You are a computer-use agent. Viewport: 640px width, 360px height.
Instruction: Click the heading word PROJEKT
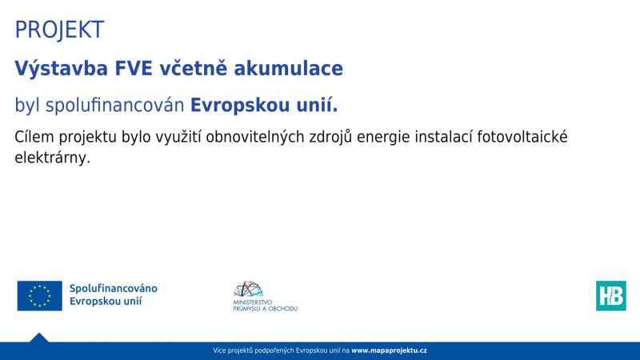(59, 30)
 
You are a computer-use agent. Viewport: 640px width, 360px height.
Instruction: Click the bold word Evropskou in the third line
(236, 106)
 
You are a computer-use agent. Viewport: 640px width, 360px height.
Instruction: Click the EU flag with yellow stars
(39, 295)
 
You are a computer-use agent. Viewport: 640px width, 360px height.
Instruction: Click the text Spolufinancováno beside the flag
(113, 288)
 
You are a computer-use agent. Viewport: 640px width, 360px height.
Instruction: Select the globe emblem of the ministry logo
(248, 290)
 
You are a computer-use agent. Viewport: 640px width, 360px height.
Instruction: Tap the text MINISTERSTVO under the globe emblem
(254, 302)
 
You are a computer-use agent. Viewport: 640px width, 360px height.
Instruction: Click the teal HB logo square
(610, 295)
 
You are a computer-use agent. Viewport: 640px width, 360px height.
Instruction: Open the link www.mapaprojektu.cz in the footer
(389, 351)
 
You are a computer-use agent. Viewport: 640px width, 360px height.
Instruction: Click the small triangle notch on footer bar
(38, 338)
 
